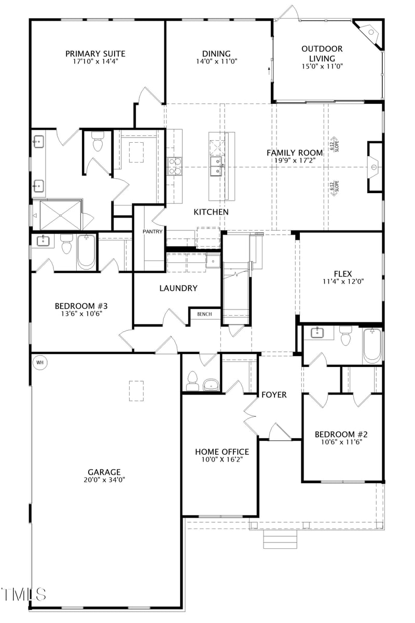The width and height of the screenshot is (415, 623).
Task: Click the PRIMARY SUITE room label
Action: [x=95, y=53]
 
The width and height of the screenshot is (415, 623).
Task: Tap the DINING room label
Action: [x=216, y=53]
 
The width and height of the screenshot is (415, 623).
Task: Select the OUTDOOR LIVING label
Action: [x=322, y=53]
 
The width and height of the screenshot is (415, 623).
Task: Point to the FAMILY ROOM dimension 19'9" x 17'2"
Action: [x=295, y=160]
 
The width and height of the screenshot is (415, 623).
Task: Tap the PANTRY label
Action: [x=153, y=232]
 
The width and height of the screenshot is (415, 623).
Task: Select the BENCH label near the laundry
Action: [x=204, y=314]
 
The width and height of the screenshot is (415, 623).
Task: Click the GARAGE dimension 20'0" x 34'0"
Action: [x=104, y=480]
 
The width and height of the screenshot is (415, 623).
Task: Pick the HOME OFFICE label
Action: [x=222, y=452]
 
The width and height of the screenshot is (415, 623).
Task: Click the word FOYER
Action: [x=274, y=395]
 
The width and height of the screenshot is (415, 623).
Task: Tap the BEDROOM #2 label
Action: [x=341, y=434]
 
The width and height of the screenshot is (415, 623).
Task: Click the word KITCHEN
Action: [x=211, y=212]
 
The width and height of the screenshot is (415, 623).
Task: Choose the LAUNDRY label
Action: [x=178, y=288]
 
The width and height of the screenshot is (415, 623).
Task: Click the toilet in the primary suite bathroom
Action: [x=98, y=141]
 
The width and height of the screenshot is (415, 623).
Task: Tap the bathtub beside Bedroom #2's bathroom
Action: [x=372, y=345]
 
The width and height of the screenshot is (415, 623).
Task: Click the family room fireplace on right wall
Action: [x=375, y=166]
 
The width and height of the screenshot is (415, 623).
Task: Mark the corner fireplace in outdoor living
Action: [x=371, y=33]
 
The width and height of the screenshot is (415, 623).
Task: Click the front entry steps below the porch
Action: [x=280, y=539]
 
